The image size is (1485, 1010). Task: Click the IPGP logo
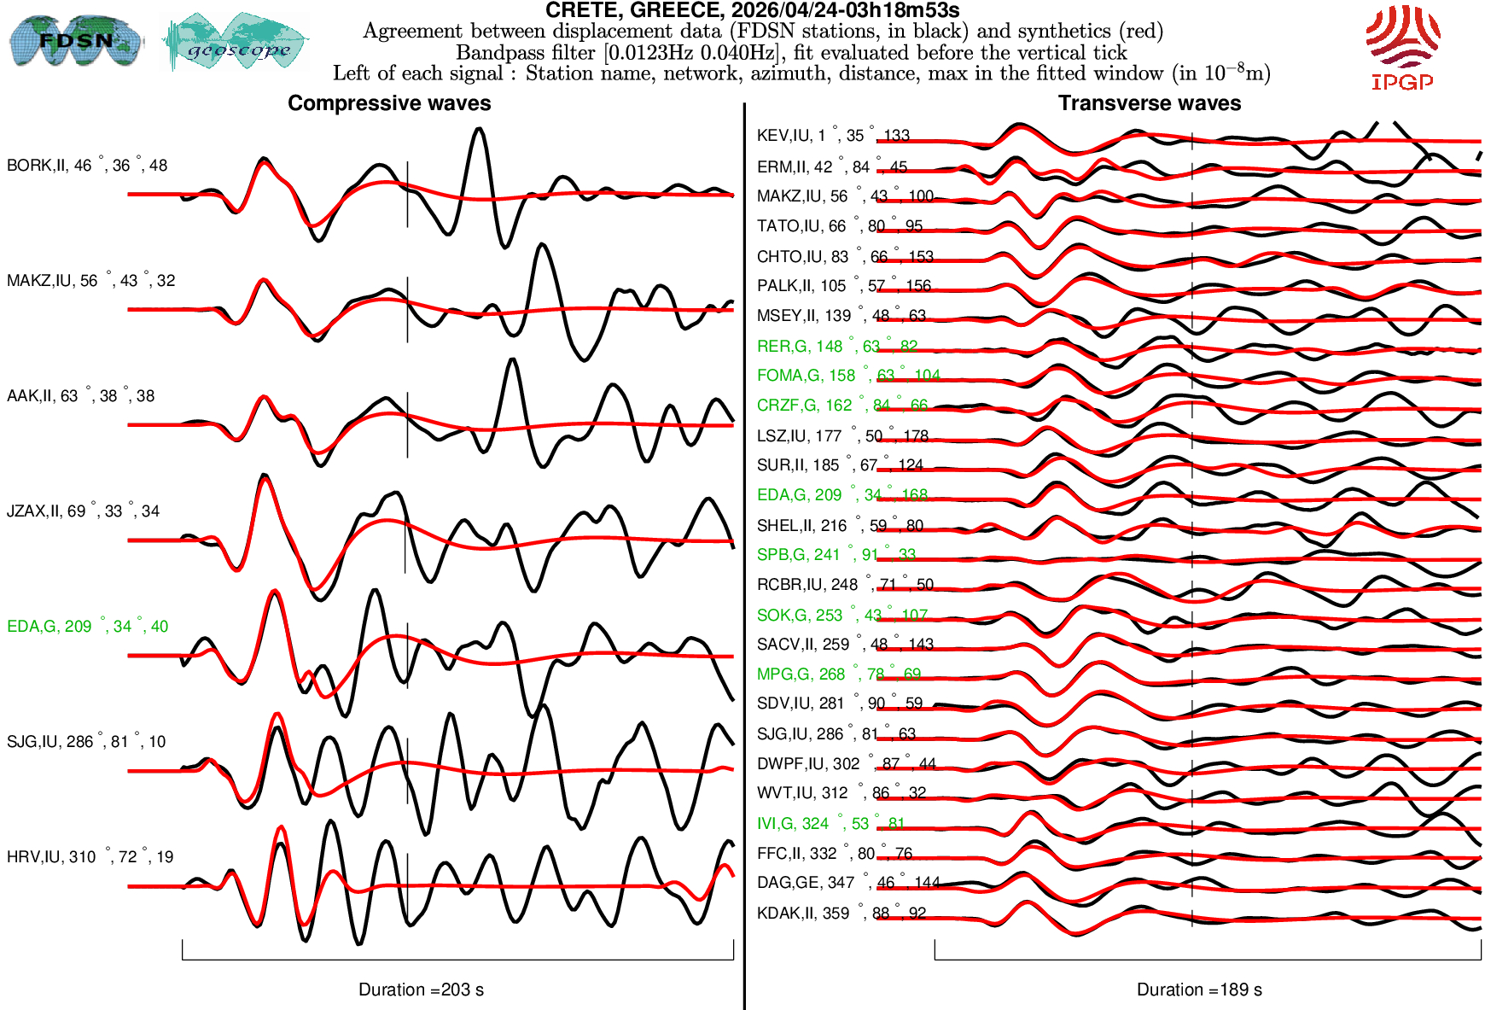1402,47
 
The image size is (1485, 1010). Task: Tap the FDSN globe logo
75,40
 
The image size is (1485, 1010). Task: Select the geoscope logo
236,42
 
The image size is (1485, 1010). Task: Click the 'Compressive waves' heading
389,103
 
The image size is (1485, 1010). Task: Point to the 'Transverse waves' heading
1149,103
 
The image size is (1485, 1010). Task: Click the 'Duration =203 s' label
421,990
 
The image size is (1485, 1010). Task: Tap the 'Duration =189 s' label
1199,990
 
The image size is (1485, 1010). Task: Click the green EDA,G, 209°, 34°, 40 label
87,627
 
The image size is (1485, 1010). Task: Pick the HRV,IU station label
90,857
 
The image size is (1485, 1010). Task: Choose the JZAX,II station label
83,511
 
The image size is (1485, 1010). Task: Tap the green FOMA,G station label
848,376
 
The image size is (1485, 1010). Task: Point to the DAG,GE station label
847,883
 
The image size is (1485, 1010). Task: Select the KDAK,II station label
841,914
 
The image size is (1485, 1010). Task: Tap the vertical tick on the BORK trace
407,195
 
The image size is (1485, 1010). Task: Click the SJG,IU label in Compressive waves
86,742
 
